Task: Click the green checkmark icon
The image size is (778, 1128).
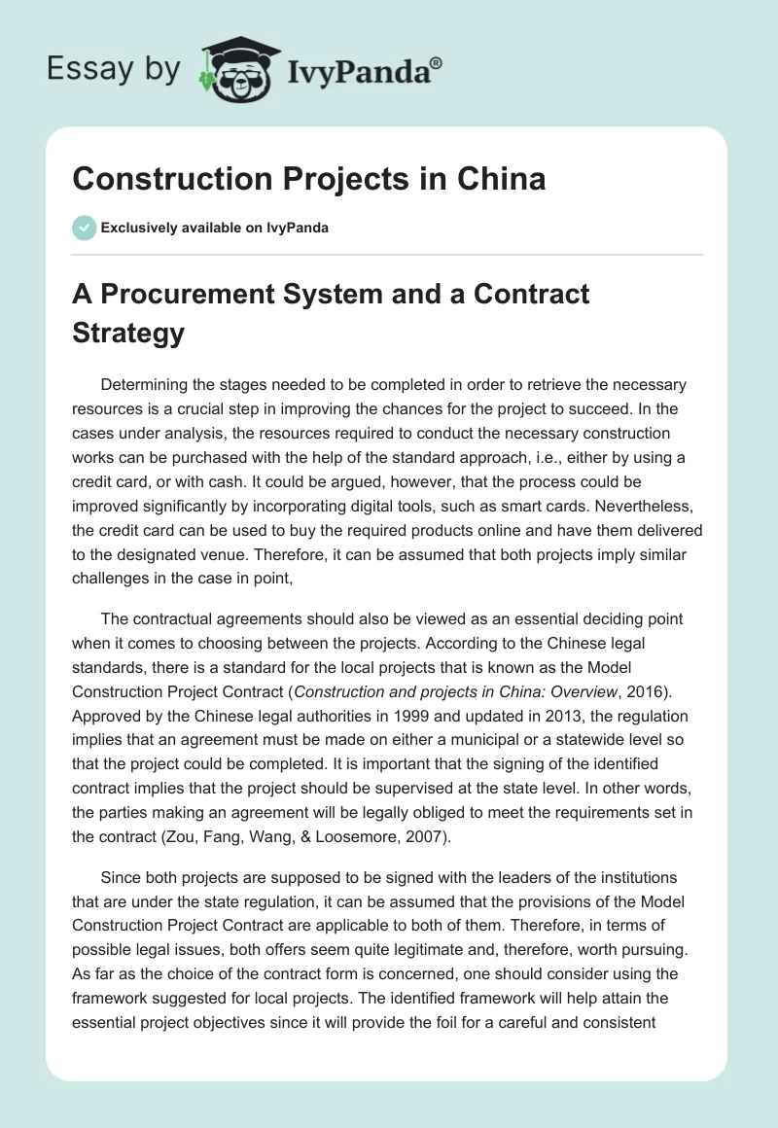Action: (x=84, y=228)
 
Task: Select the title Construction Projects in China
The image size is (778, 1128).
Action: (x=308, y=179)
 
